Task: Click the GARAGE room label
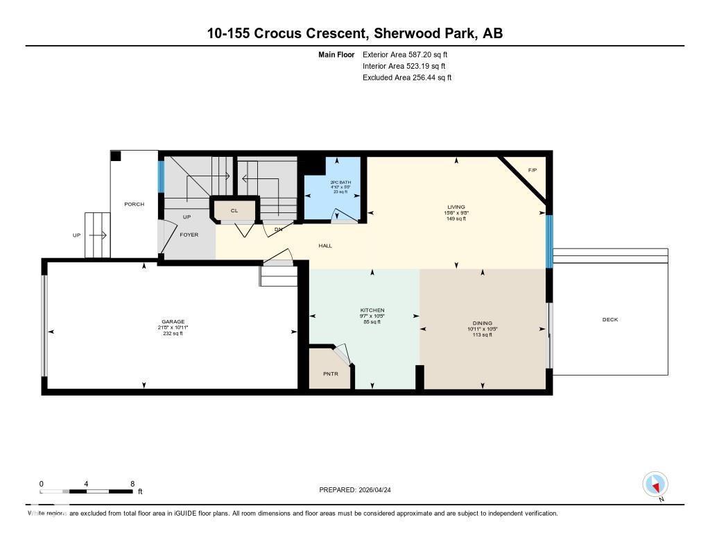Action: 173,321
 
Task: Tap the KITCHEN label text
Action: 372,310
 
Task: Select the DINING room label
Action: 483,323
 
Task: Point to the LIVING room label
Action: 456,207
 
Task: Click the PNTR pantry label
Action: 331,374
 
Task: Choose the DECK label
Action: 609,319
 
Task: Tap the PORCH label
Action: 134,204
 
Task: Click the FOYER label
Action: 189,235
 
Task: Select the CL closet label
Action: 234,210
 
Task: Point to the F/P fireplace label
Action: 532,170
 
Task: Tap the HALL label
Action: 325,246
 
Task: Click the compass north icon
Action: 655,484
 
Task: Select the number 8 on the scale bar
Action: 132,483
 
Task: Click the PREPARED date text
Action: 359,489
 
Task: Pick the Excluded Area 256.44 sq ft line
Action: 407,78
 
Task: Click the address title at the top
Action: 354,33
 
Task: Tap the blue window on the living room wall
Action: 548,241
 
